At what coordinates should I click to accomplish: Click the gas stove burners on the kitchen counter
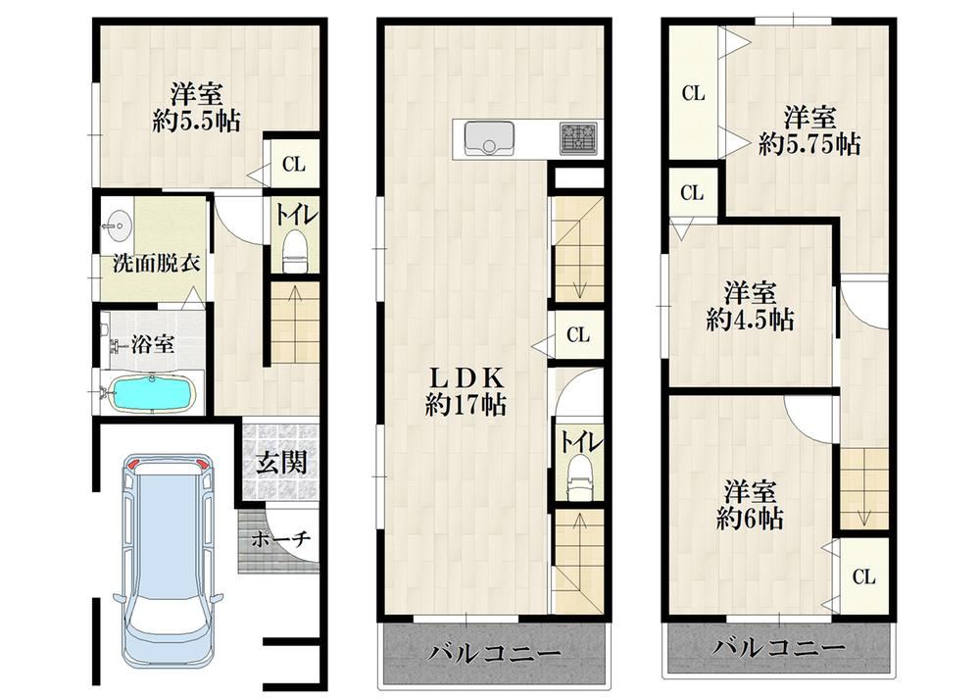[578, 137]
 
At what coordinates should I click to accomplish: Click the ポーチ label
[281, 539]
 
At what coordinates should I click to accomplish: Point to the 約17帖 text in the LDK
[465, 406]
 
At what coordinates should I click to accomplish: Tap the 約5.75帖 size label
[809, 144]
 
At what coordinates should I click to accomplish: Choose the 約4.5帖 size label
[750, 320]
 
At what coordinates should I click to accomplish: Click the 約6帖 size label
[750, 518]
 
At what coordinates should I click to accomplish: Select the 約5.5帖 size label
[196, 121]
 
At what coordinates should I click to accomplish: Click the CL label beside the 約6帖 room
[863, 576]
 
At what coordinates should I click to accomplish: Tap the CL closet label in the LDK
[578, 335]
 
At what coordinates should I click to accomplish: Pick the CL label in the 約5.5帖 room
[294, 165]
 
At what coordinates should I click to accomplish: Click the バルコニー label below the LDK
[494, 654]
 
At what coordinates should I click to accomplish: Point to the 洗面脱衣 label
[156, 263]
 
